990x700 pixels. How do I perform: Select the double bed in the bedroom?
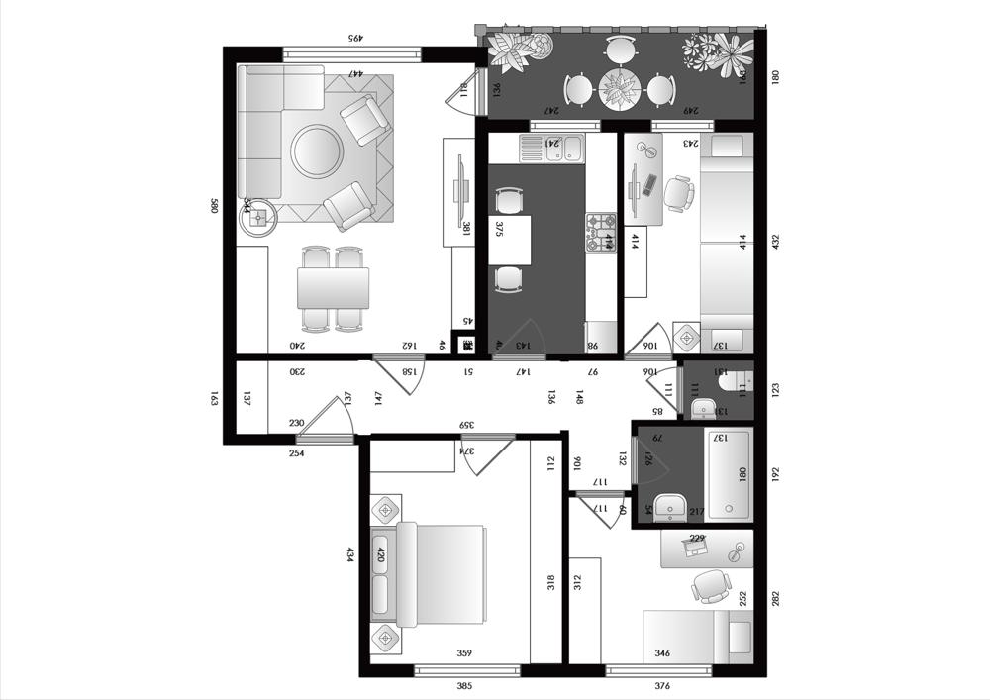(441, 575)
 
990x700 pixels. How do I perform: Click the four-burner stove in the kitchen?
(600, 234)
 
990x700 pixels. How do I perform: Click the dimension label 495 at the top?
(352, 38)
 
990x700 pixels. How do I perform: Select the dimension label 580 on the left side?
(214, 206)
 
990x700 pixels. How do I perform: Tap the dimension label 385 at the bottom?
(465, 686)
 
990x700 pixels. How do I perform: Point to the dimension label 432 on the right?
(776, 242)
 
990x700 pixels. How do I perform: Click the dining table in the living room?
(334, 289)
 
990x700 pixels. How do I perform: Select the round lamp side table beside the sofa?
(259, 217)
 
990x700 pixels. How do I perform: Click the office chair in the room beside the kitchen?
(679, 193)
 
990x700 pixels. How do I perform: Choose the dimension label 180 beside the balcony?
(776, 76)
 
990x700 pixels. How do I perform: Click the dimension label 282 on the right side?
(776, 598)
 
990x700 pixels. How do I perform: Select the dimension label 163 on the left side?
(214, 399)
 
